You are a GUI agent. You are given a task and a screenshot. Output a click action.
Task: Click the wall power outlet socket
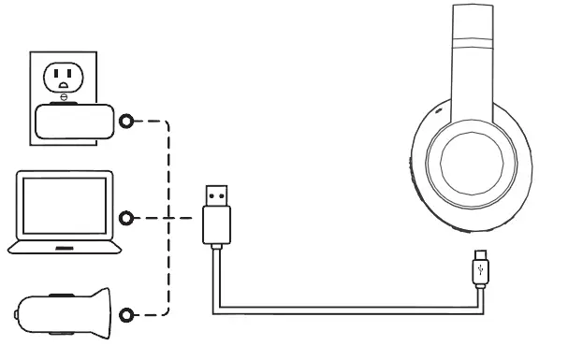click(x=64, y=75)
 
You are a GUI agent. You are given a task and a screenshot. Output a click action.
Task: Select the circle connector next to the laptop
click(x=127, y=218)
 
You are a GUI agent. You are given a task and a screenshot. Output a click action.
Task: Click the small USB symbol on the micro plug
click(x=480, y=274)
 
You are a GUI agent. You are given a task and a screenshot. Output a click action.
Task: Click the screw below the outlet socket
click(x=64, y=96)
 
